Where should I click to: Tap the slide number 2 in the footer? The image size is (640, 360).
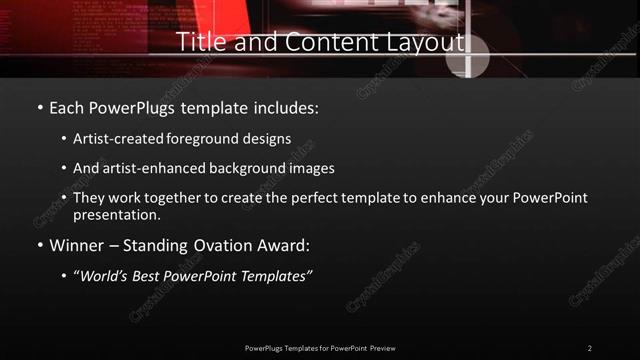pos(589,348)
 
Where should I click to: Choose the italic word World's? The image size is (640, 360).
pos(103,276)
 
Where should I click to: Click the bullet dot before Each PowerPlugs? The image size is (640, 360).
pos(39,107)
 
